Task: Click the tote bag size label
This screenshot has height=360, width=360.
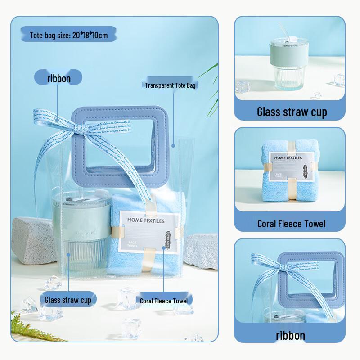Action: click(x=68, y=35)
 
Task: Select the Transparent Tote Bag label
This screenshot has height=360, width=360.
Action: click(x=170, y=85)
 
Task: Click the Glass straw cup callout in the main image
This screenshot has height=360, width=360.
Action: click(x=67, y=299)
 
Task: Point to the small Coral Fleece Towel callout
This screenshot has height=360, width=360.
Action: click(x=163, y=301)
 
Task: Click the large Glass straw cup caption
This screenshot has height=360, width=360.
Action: click(x=292, y=112)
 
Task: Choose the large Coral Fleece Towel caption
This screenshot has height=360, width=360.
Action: click(x=291, y=223)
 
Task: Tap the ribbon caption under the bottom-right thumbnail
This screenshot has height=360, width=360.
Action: click(x=290, y=335)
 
